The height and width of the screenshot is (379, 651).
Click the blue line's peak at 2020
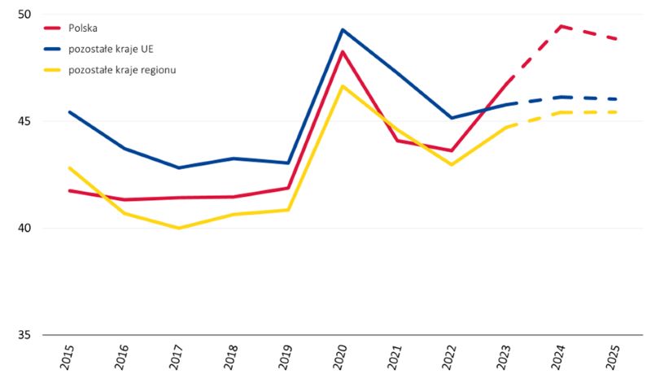(x=343, y=30)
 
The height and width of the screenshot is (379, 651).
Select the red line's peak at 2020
(x=343, y=52)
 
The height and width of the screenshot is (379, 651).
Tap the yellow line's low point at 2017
(x=178, y=228)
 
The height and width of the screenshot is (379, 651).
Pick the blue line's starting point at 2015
(x=70, y=112)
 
